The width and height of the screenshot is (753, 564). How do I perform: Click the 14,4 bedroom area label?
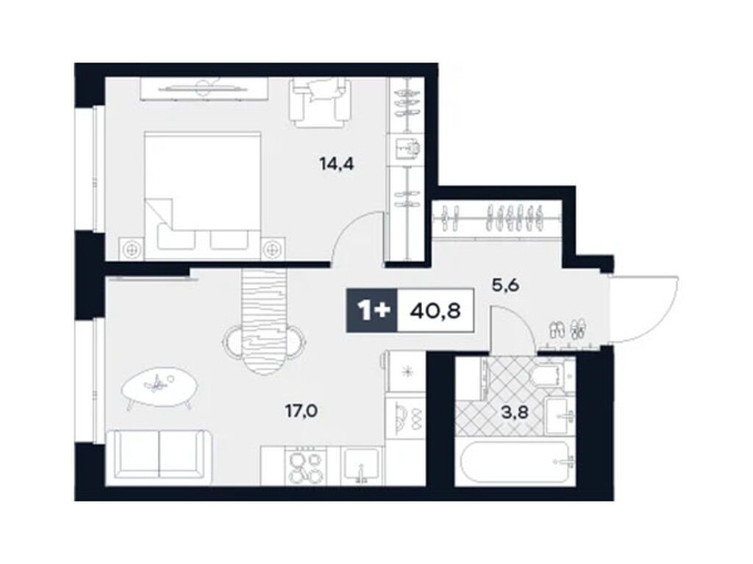(x=337, y=164)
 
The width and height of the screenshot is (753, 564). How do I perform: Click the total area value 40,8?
(x=435, y=311)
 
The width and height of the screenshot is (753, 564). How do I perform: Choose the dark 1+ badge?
(x=372, y=311)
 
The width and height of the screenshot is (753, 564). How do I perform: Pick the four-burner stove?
(x=306, y=465)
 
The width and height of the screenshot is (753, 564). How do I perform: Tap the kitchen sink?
(x=362, y=465)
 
